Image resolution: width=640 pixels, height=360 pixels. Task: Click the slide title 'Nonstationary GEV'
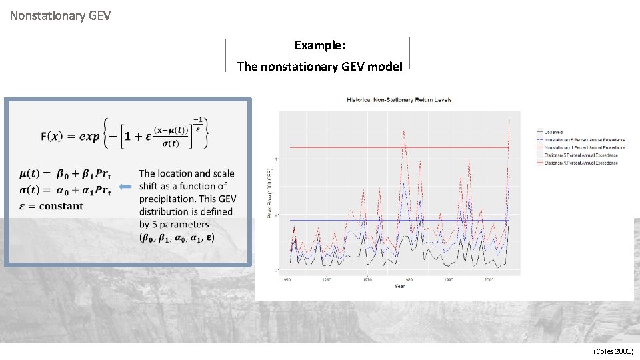tap(61, 14)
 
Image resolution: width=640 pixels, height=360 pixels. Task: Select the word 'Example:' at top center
tap(320, 45)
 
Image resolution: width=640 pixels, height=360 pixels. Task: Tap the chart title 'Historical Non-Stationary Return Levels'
tap(399, 100)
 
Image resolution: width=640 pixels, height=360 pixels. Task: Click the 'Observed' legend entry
tap(553, 133)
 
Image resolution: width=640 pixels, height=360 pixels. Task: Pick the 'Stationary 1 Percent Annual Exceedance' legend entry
tap(581, 163)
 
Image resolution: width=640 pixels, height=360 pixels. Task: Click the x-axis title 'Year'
tap(399, 286)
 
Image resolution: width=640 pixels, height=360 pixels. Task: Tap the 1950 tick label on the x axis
tap(286, 279)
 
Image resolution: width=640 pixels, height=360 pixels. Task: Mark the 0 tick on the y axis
tap(277, 269)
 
